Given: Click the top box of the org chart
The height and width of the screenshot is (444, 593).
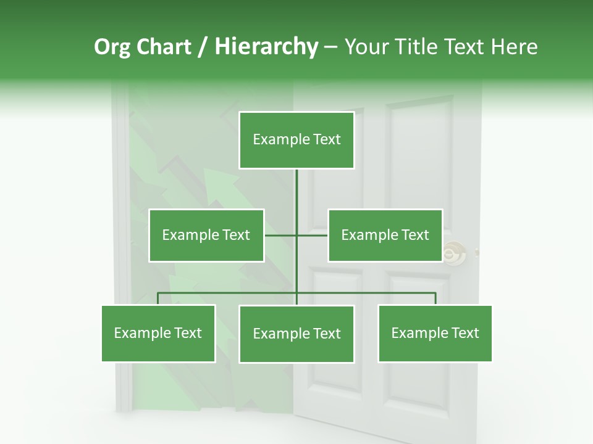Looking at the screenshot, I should (296, 140).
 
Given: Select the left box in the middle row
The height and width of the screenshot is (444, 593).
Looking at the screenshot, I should (206, 235).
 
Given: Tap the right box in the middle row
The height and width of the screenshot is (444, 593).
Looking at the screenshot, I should (385, 235).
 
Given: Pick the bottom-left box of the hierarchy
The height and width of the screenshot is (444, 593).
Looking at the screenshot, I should (158, 333).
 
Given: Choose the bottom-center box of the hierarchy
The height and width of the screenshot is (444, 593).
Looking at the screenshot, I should (296, 334).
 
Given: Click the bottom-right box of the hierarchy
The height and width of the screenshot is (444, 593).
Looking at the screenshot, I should (435, 333).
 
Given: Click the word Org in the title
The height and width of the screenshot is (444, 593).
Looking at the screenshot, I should (112, 47).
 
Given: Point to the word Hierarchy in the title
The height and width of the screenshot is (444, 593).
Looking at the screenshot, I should (266, 47).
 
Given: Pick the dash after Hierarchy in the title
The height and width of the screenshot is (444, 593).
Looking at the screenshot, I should (330, 47).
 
